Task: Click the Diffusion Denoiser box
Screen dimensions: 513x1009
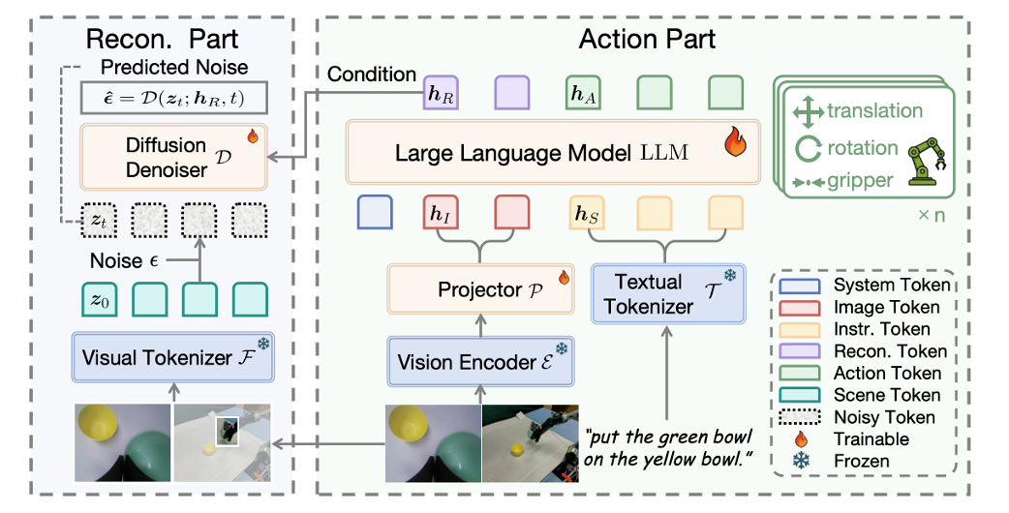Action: pos(173,157)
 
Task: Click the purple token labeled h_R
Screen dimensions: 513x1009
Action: pos(439,95)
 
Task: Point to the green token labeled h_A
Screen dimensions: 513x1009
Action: pos(582,95)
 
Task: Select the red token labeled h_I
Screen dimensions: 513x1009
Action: pos(440,213)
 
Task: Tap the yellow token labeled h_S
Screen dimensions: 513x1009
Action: pos(583,213)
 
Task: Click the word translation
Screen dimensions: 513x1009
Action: pos(874,110)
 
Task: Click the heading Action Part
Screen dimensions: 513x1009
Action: pos(647,39)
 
